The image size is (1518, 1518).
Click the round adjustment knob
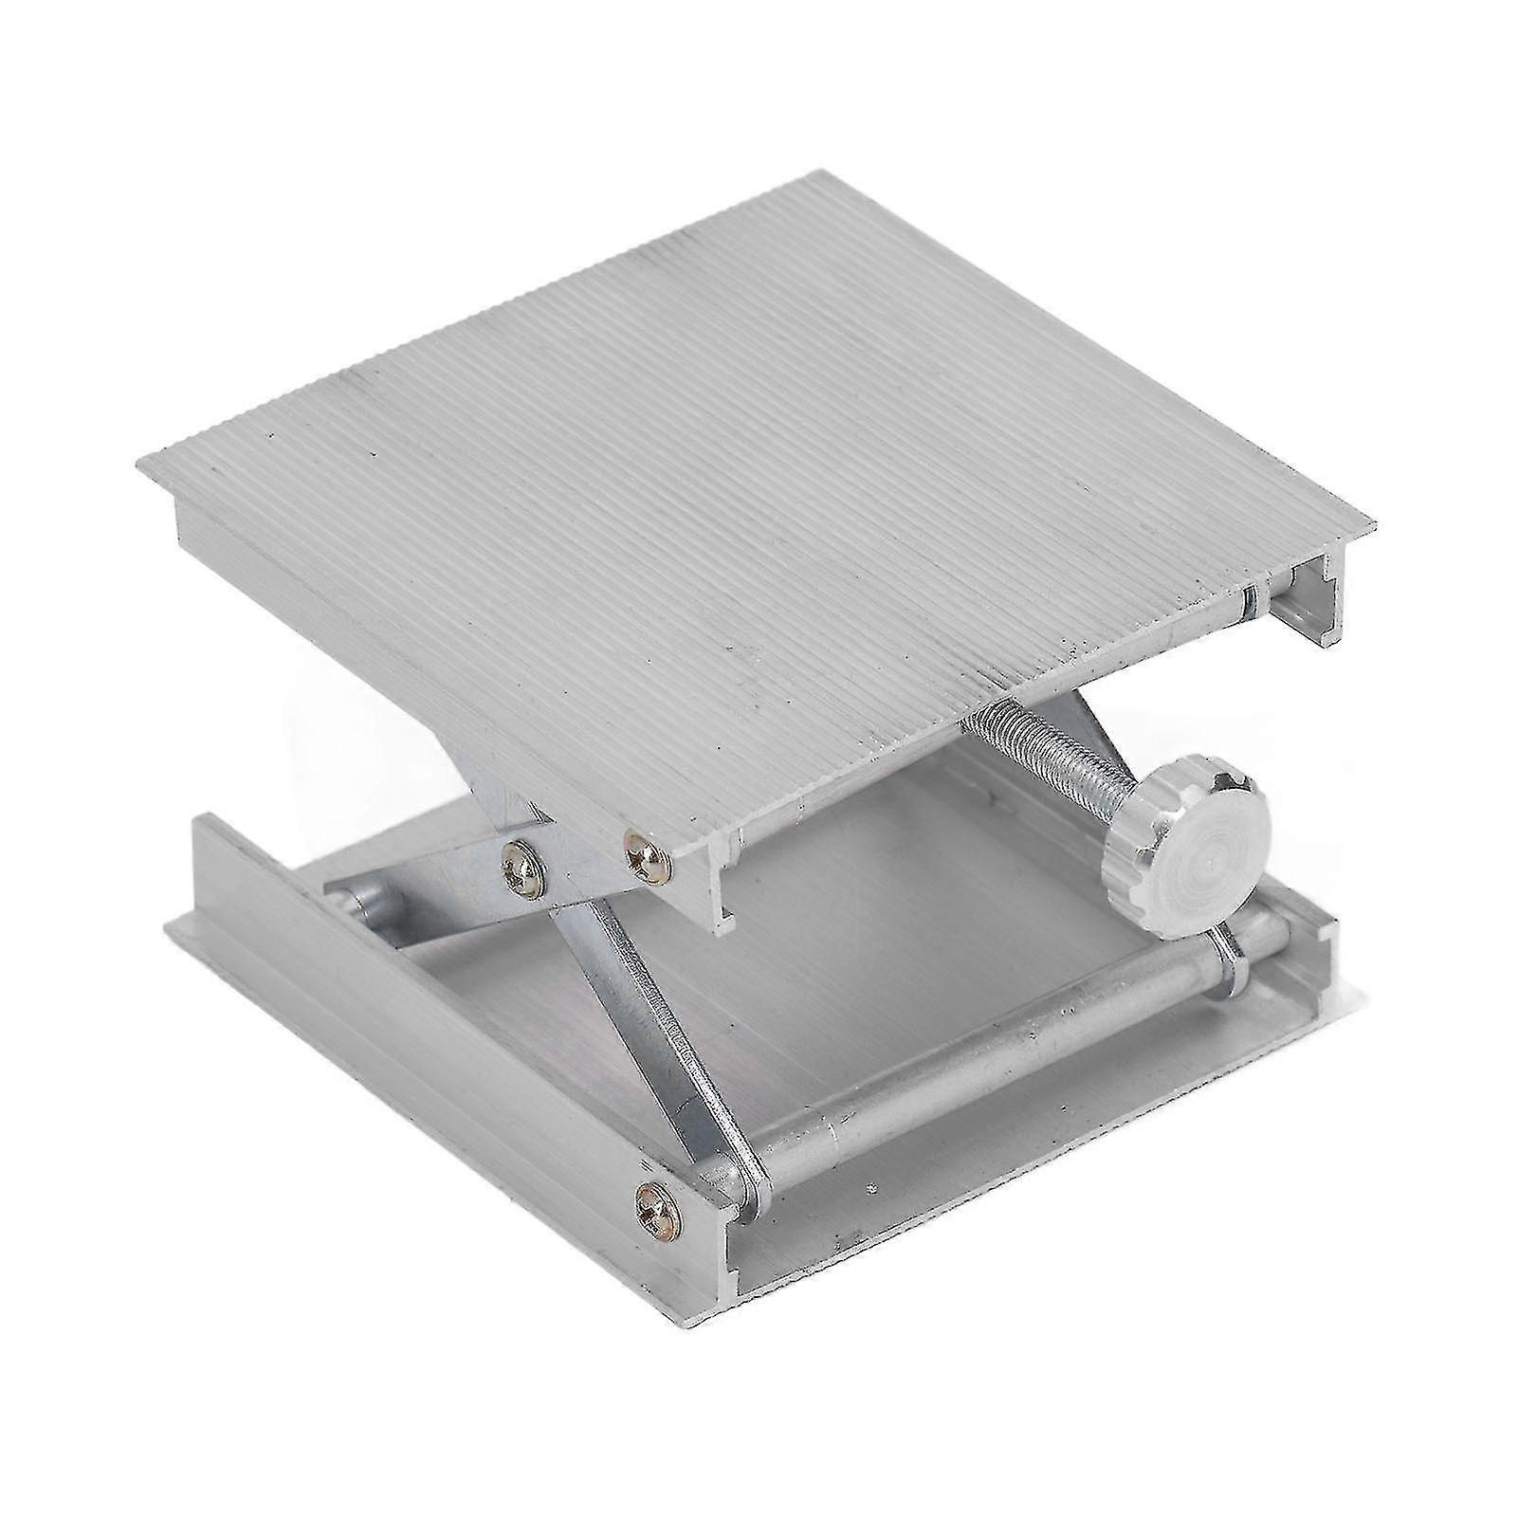coord(1190,855)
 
